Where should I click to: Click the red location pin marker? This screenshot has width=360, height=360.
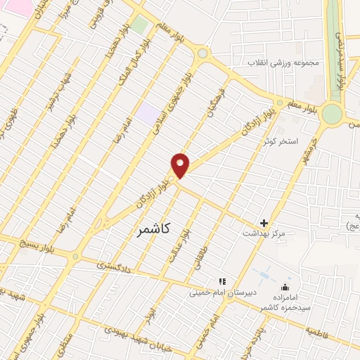click(181, 165)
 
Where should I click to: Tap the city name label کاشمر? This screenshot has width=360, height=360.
click(150, 229)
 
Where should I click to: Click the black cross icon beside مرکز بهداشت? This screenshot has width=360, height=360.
click(264, 223)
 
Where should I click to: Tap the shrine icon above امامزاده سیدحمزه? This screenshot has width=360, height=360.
click(285, 287)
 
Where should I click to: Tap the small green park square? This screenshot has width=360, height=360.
click(140, 25)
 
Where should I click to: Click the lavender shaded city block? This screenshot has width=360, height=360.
click(147, 112)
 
